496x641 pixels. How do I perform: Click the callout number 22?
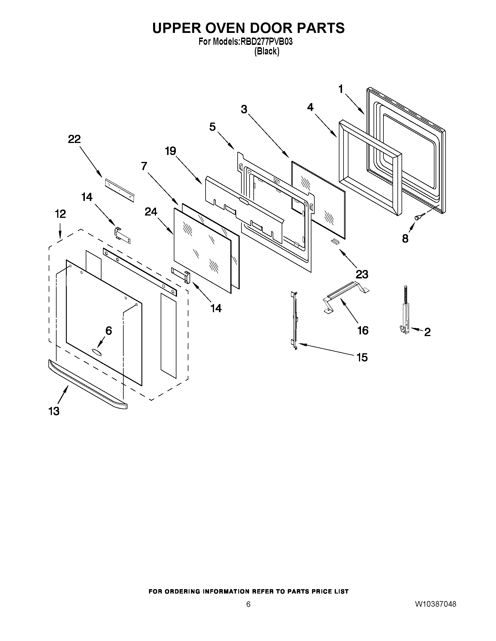(x=74, y=139)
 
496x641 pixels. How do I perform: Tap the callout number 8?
(x=405, y=239)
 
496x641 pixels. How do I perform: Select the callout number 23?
(x=362, y=274)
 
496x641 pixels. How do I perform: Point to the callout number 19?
(x=170, y=151)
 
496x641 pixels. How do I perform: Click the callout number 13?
(x=54, y=411)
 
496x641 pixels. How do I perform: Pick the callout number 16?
(x=363, y=331)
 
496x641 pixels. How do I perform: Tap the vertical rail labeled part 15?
(x=295, y=320)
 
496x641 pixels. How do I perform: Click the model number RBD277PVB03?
(x=267, y=42)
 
